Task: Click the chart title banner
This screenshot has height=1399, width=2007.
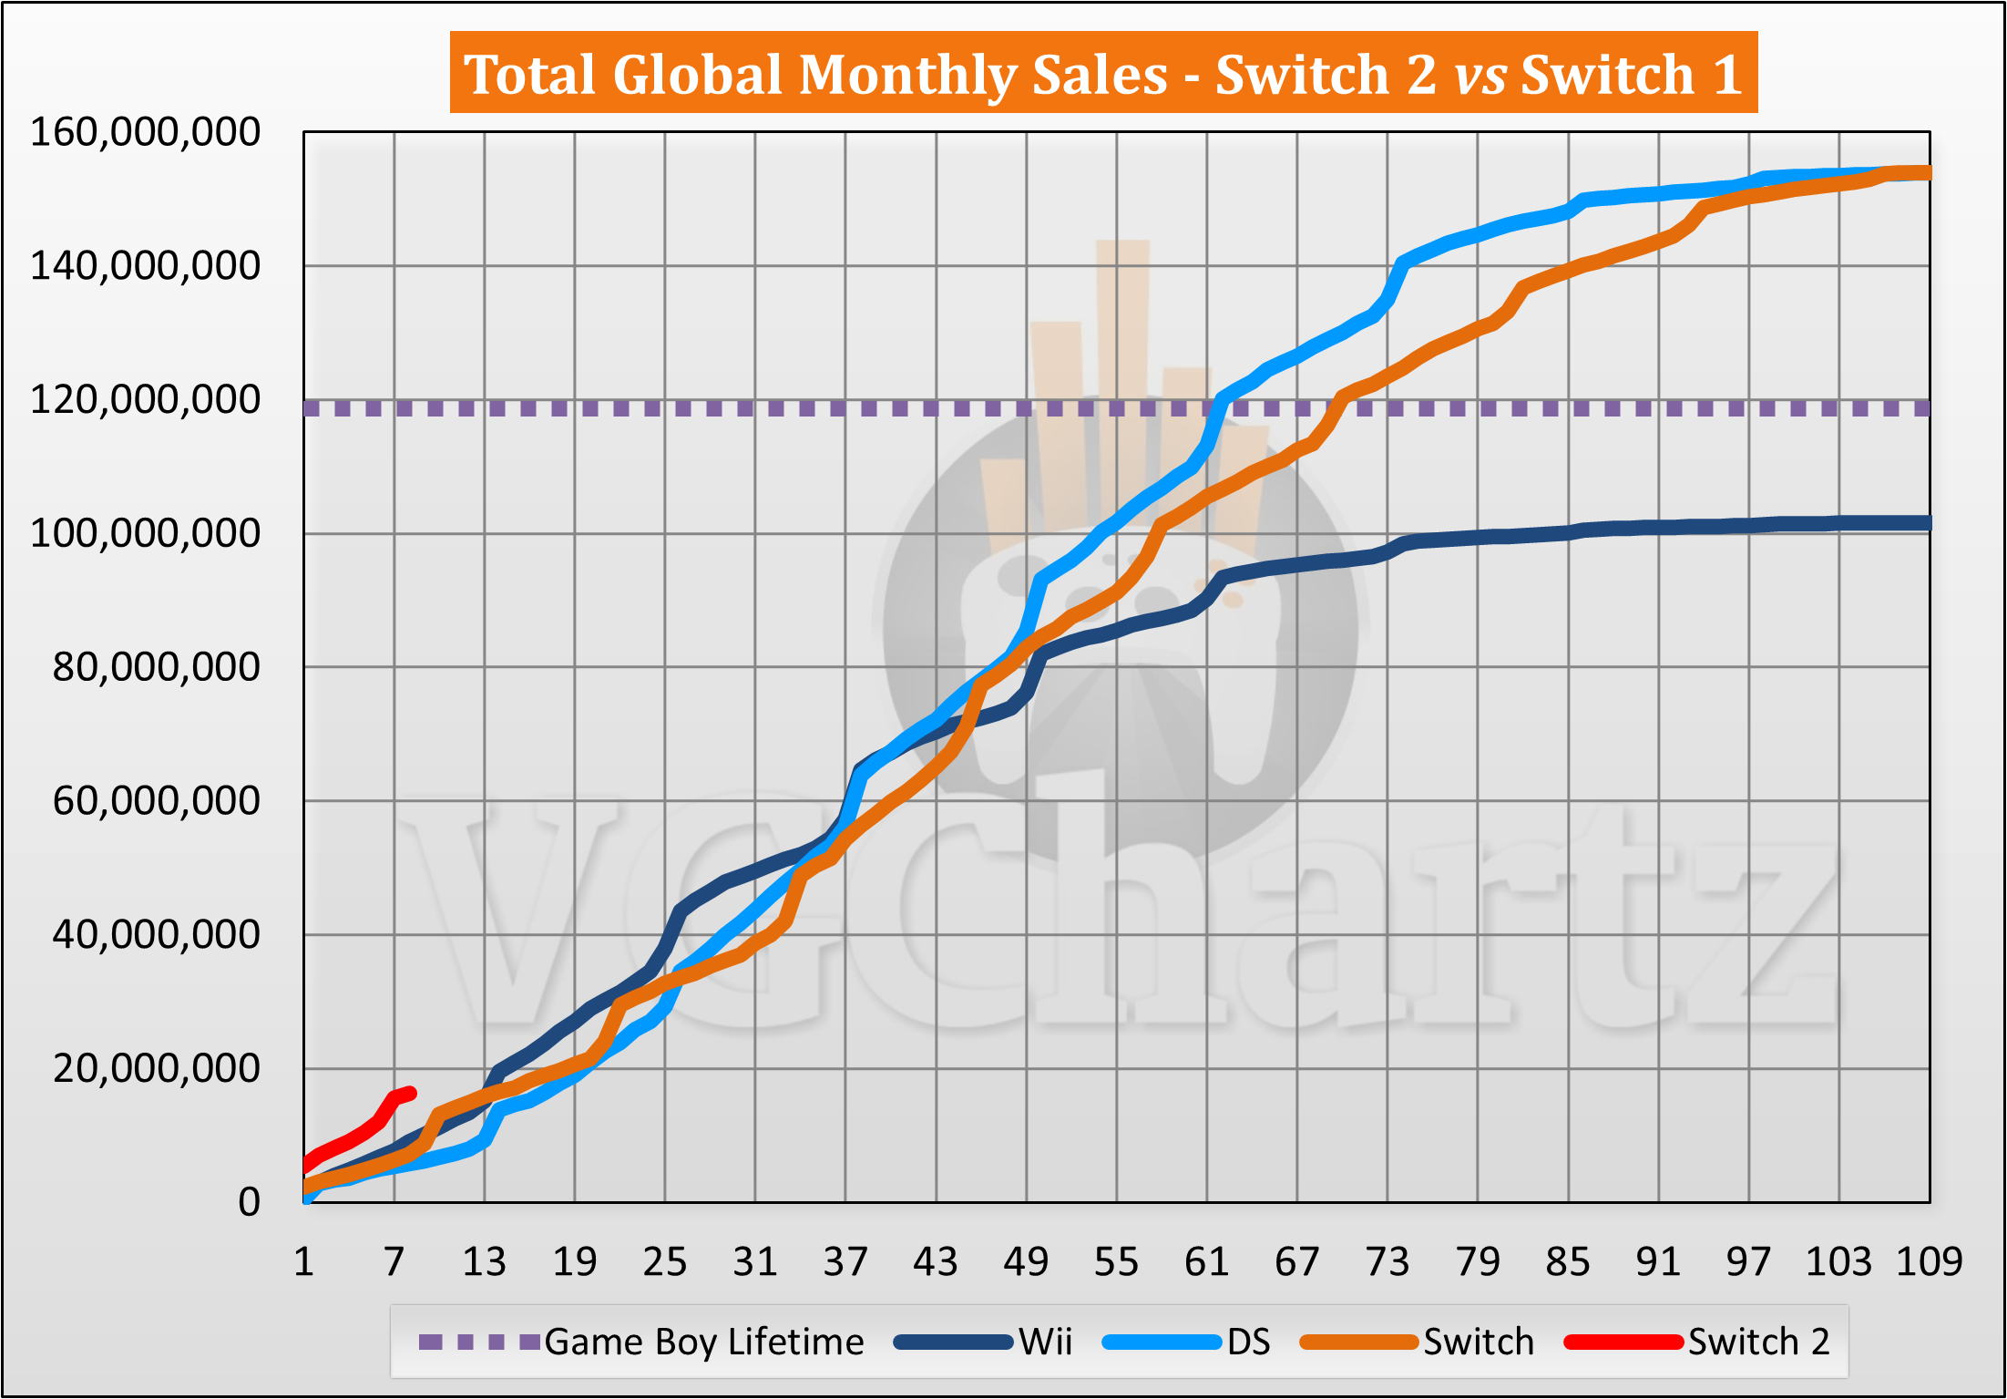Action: [x=1103, y=73]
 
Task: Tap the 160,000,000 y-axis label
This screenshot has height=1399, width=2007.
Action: [x=145, y=132]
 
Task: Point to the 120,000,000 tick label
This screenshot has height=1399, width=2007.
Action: [x=145, y=399]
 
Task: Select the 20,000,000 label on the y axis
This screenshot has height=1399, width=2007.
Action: [x=156, y=1068]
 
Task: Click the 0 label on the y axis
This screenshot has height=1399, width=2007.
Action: [x=249, y=1202]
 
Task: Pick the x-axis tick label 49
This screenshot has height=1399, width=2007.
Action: [x=1026, y=1262]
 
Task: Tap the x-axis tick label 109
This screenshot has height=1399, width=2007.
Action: [x=1929, y=1262]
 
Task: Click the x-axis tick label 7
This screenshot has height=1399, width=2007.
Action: [x=394, y=1262]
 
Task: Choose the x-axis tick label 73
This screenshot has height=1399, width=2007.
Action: [x=1387, y=1262]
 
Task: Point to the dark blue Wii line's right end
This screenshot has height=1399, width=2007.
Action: [x=1927, y=523]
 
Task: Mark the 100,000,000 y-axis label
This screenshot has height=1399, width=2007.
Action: [x=145, y=533]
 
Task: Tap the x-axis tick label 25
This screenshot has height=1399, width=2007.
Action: [x=664, y=1262]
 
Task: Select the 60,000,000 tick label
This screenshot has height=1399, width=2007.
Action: [x=156, y=801]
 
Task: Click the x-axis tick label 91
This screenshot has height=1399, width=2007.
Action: [x=1657, y=1262]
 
